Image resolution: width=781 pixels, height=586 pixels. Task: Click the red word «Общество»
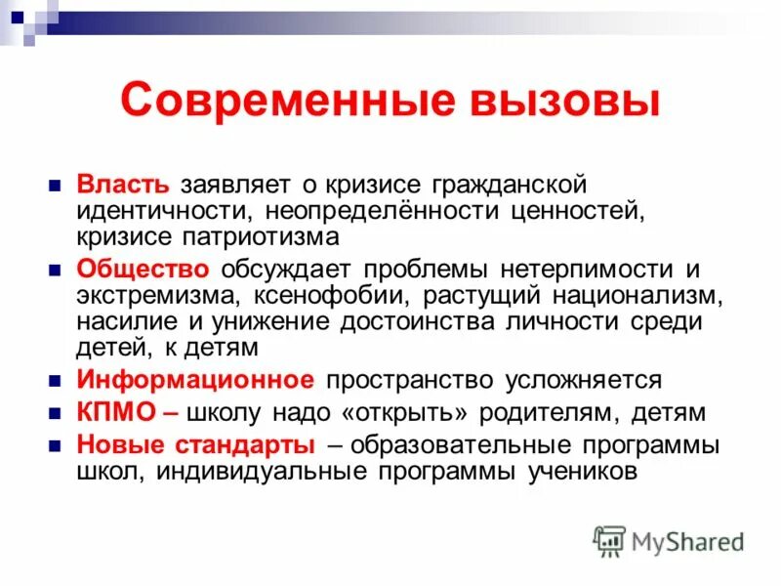(143, 269)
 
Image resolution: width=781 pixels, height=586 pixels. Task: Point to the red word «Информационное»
(195, 379)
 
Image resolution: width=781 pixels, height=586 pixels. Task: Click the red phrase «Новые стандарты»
(195, 445)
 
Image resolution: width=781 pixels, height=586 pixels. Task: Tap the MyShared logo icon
(609, 539)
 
